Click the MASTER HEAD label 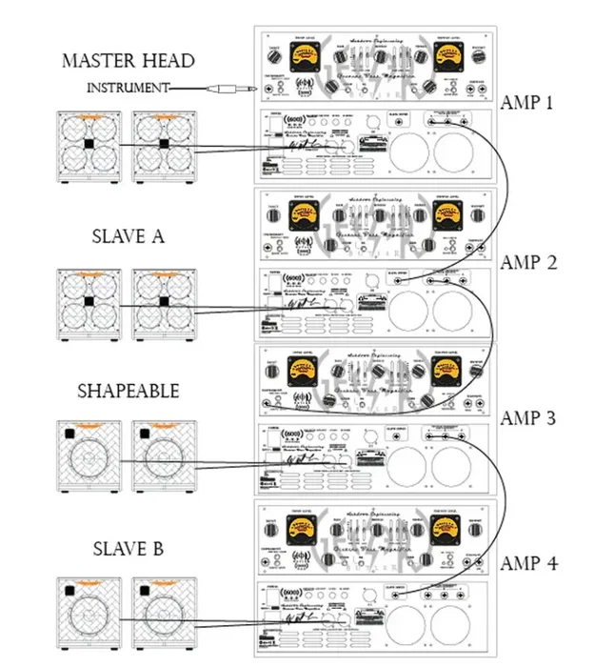[128, 61]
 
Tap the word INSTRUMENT [129, 88]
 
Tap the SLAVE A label [128, 235]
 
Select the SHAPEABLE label [128, 392]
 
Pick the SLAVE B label [128, 549]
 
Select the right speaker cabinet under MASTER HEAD [164, 145]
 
